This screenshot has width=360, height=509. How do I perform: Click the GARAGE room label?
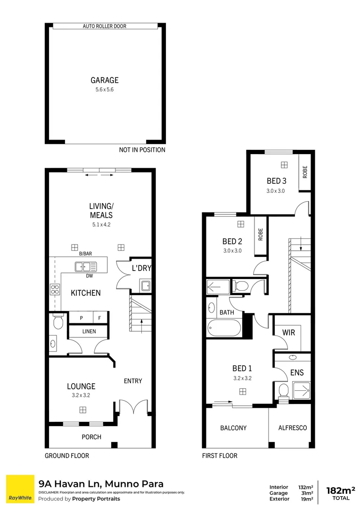click(x=105, y=80)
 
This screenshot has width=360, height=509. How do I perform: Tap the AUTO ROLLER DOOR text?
click(x=105, y=26)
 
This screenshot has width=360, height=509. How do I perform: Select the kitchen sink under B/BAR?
click(x=86, y=267)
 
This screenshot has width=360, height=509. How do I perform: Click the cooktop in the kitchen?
click(x=55, y=290)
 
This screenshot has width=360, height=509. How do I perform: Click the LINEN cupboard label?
click(x=89, y=331)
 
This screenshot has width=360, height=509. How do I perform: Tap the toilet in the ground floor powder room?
click(x=58, y=322)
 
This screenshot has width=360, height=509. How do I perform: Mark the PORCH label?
click(x=91, y=437)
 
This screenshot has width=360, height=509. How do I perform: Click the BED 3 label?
click(x=277, y=181)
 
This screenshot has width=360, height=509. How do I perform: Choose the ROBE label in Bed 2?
click(x=260, y=235)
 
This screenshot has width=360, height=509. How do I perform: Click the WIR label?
click(x=288, y=332)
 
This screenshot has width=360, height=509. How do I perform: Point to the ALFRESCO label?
click(x=292, y=428)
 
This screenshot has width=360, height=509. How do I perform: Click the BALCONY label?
click(x=233, y=428)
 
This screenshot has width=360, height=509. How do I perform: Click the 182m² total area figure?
click(x=340, y=490)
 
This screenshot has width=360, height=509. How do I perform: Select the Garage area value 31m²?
click(x=306, y=493)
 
